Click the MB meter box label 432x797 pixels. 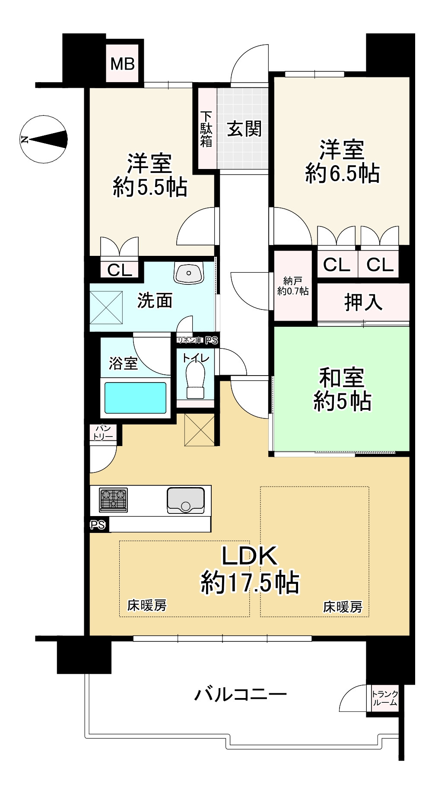(122, 64)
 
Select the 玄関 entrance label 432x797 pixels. (244, 128)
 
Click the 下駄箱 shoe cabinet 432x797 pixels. (206, 129)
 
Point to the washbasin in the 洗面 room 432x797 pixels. (188, 273)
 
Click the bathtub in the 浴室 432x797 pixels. (135, 398)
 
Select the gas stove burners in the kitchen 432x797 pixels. (113, 500)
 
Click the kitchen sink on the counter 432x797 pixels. (186, 500)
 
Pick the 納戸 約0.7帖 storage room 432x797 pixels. (293, 286)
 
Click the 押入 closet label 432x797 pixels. (363, 302)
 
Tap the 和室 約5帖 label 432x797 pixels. (342, 389)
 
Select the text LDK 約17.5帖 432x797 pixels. (249, 569)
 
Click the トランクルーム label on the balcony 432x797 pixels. (384, 698)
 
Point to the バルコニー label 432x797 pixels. (240, 695)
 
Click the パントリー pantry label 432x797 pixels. (103, 433)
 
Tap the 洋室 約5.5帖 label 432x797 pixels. (149, 175)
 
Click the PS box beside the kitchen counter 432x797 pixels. (98, 525)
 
